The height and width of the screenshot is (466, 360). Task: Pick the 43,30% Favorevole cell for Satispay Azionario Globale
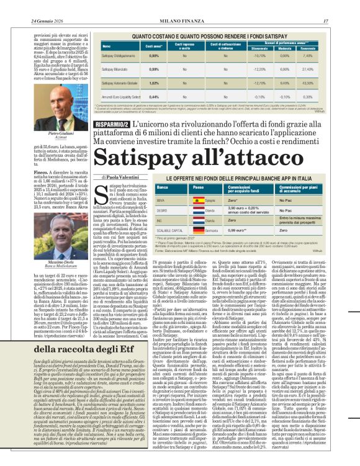point(322,83)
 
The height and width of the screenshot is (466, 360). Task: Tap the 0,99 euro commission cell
point(239,230)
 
